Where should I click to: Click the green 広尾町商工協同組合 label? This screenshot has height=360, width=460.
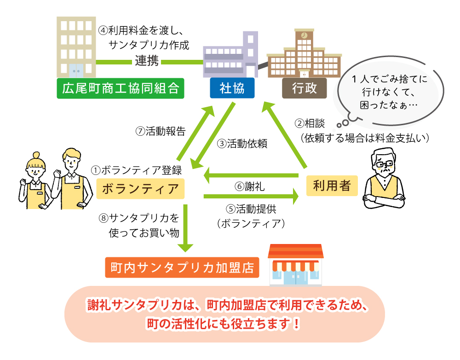pos(120,87)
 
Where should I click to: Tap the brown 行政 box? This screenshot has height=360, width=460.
pos(304,87)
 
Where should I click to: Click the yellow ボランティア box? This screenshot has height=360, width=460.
pos(140,188)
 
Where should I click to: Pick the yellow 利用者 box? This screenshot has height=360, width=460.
pos(332,186)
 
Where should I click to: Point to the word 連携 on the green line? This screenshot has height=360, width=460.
pos(147,61)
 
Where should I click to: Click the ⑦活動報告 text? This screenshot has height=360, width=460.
pos(160,131)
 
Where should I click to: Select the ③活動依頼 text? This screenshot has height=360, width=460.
pos(242,143)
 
